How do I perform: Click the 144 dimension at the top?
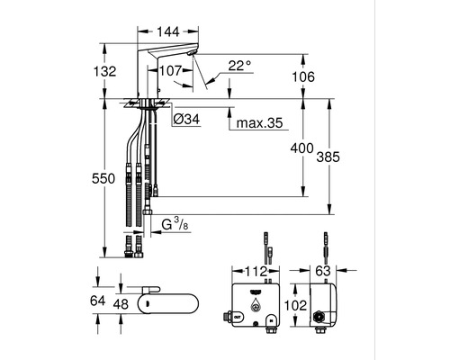[x=168, y=31]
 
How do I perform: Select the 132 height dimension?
[x=104, y=71]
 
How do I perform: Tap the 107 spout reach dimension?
[x=170, y=71]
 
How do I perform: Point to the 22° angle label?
[x=239, y=66]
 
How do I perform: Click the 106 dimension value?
[x=303, y=76]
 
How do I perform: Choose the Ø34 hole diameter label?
[x=186, y=120]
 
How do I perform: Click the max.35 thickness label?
[x=260, y=122]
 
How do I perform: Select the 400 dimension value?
[x=301, y=148]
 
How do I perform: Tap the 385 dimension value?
[x=328, y=157]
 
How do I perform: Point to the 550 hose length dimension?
[x=103, y=178]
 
